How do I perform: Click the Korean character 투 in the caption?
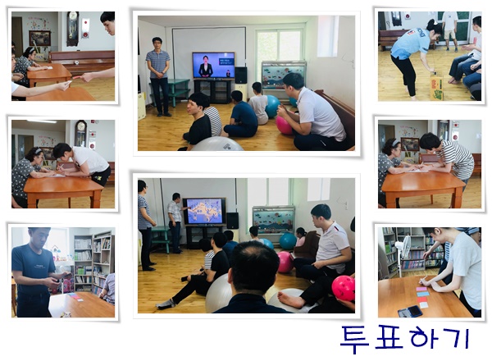354,340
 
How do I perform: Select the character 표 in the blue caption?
389,338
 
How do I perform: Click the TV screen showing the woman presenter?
213,66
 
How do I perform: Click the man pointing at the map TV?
175,222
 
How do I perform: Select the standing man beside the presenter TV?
159,76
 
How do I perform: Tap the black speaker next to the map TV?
233,221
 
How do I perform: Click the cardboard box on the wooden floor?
436,86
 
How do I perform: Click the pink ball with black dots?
344,288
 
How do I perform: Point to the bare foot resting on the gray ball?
291,299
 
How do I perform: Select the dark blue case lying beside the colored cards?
410,311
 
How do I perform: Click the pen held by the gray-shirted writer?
424,278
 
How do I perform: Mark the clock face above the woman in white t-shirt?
81,126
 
